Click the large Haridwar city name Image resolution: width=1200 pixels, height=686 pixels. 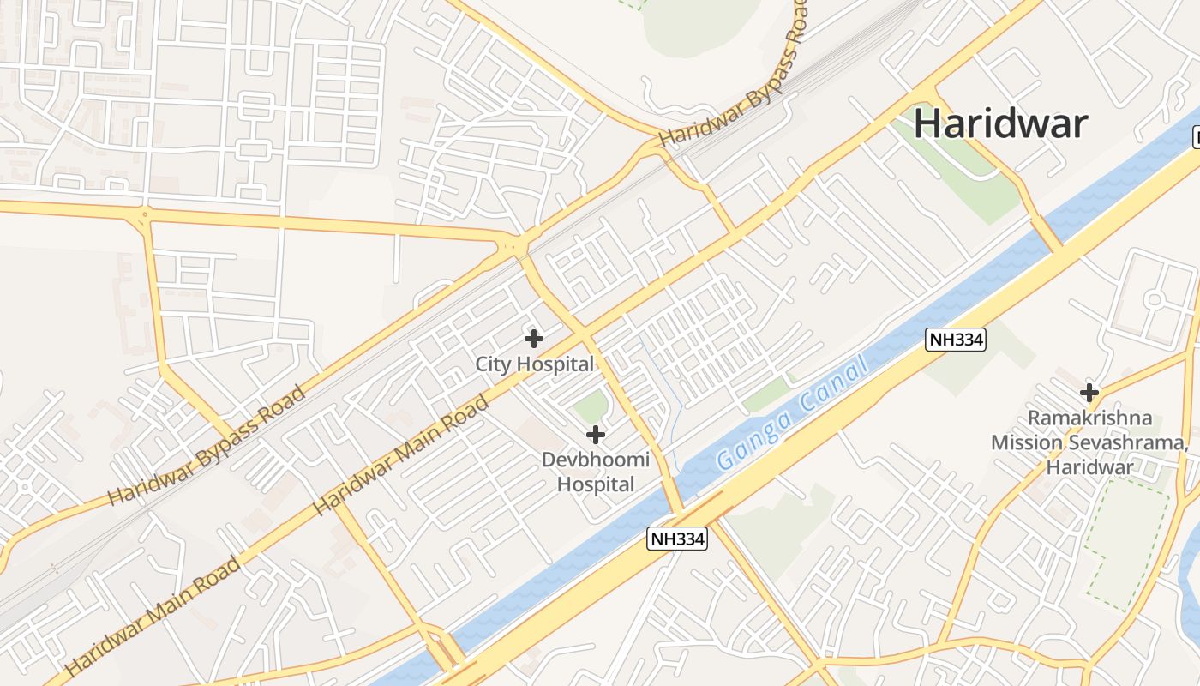pyautogui.click(x=1000, y=123)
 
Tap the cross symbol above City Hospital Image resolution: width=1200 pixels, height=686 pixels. pyautogui.click(x=533, y=338)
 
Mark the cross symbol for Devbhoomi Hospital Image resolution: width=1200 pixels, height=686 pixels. pyautogui.click(x=595, y=435)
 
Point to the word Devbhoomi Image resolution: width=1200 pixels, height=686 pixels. pyautogui.click(x=595, y=460)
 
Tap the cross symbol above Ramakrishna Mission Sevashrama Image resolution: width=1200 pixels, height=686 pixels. pyautogui.click(x=1089, y=393)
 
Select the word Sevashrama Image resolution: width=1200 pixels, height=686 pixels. pyautogui.click(x=1135, y=442)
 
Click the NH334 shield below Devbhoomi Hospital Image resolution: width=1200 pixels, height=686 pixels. pyautogui.click(x=677, y=539)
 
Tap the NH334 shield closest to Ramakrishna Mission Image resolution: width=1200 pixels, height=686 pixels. pyautogui.click(x=956, y=340)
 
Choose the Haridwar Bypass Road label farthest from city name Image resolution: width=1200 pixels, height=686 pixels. pyautogui.click(x=206, y=447)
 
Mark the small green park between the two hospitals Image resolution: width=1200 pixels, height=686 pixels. pyautogui.click(x=590, y=406)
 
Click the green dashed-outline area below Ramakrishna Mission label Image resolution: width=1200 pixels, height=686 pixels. pyautogui.click(x=1126, y=544)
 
